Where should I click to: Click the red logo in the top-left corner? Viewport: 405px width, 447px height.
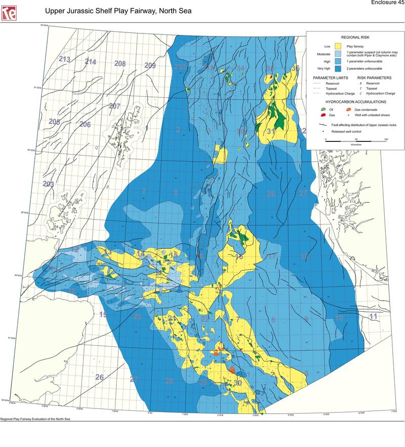click(x=9, y=13)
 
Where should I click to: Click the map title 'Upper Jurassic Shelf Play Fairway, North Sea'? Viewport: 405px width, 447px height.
click(x=118, y=11)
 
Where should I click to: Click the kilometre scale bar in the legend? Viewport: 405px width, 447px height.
click(x=355, y=140)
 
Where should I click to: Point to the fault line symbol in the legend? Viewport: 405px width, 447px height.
click(x=322, y=124)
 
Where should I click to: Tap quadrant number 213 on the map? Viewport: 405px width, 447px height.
click(x=64, y=59)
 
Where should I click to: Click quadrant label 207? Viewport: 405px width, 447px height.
click(x=114, y=106)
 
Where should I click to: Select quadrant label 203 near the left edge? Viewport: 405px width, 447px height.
click(x=48, y=183)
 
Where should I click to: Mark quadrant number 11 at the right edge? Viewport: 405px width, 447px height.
click(x=373, y=317)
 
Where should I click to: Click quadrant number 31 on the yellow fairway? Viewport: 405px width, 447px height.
click(x=271, y=131)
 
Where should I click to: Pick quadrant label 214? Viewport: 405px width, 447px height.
click(x=90, y=62)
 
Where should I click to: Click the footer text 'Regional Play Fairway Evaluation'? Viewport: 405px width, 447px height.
click(x=37, y=420)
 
